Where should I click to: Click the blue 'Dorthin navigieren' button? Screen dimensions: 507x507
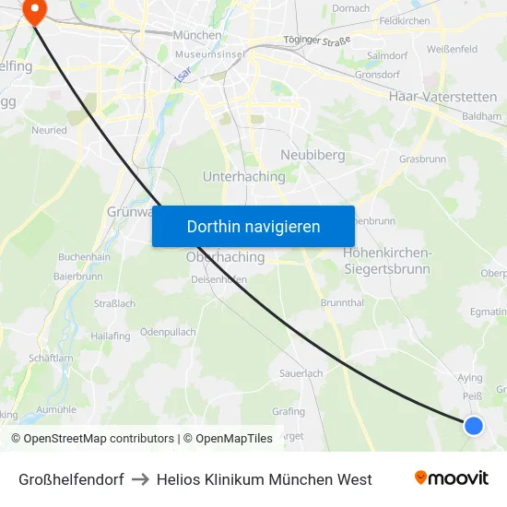[x=253, y=226]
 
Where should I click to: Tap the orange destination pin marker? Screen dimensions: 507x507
[x=34, y=11]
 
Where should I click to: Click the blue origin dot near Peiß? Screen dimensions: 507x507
[x=473, y=425]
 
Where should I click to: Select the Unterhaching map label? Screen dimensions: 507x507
[x=243, y=175]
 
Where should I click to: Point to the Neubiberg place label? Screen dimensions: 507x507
[x=312, y=155]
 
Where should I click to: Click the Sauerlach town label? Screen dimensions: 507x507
[x=301, y=373]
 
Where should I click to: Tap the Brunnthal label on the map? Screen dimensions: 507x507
[x=341, y=302]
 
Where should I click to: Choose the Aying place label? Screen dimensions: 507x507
[x=470, y=378]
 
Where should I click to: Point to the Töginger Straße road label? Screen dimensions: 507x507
[x=318, y=40]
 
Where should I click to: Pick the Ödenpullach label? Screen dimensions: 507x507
[x=168, y=332]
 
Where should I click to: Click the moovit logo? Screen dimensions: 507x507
[x=452, y=478]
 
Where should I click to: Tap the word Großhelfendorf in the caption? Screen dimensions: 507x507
[x=71, y=479]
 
